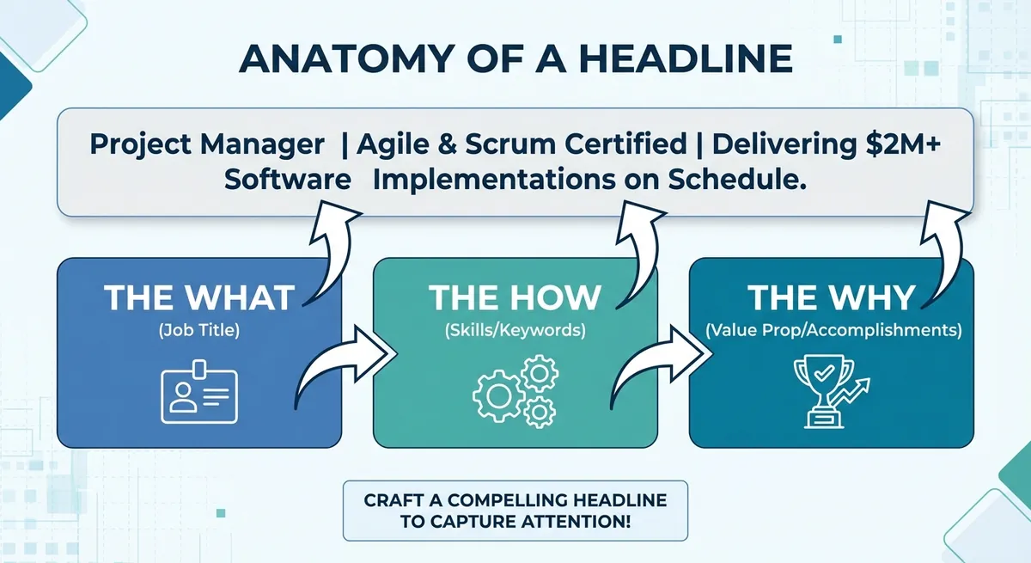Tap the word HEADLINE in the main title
686,59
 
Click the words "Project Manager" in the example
207,144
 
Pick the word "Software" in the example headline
288,180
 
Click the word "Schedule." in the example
737,180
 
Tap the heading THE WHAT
199,298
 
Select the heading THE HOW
515,298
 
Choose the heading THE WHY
832,298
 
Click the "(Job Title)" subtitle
199,331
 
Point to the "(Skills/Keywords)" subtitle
515,331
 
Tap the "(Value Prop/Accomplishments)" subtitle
833,331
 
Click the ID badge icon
199,392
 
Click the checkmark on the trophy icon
824,372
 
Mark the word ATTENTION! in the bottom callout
576,522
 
